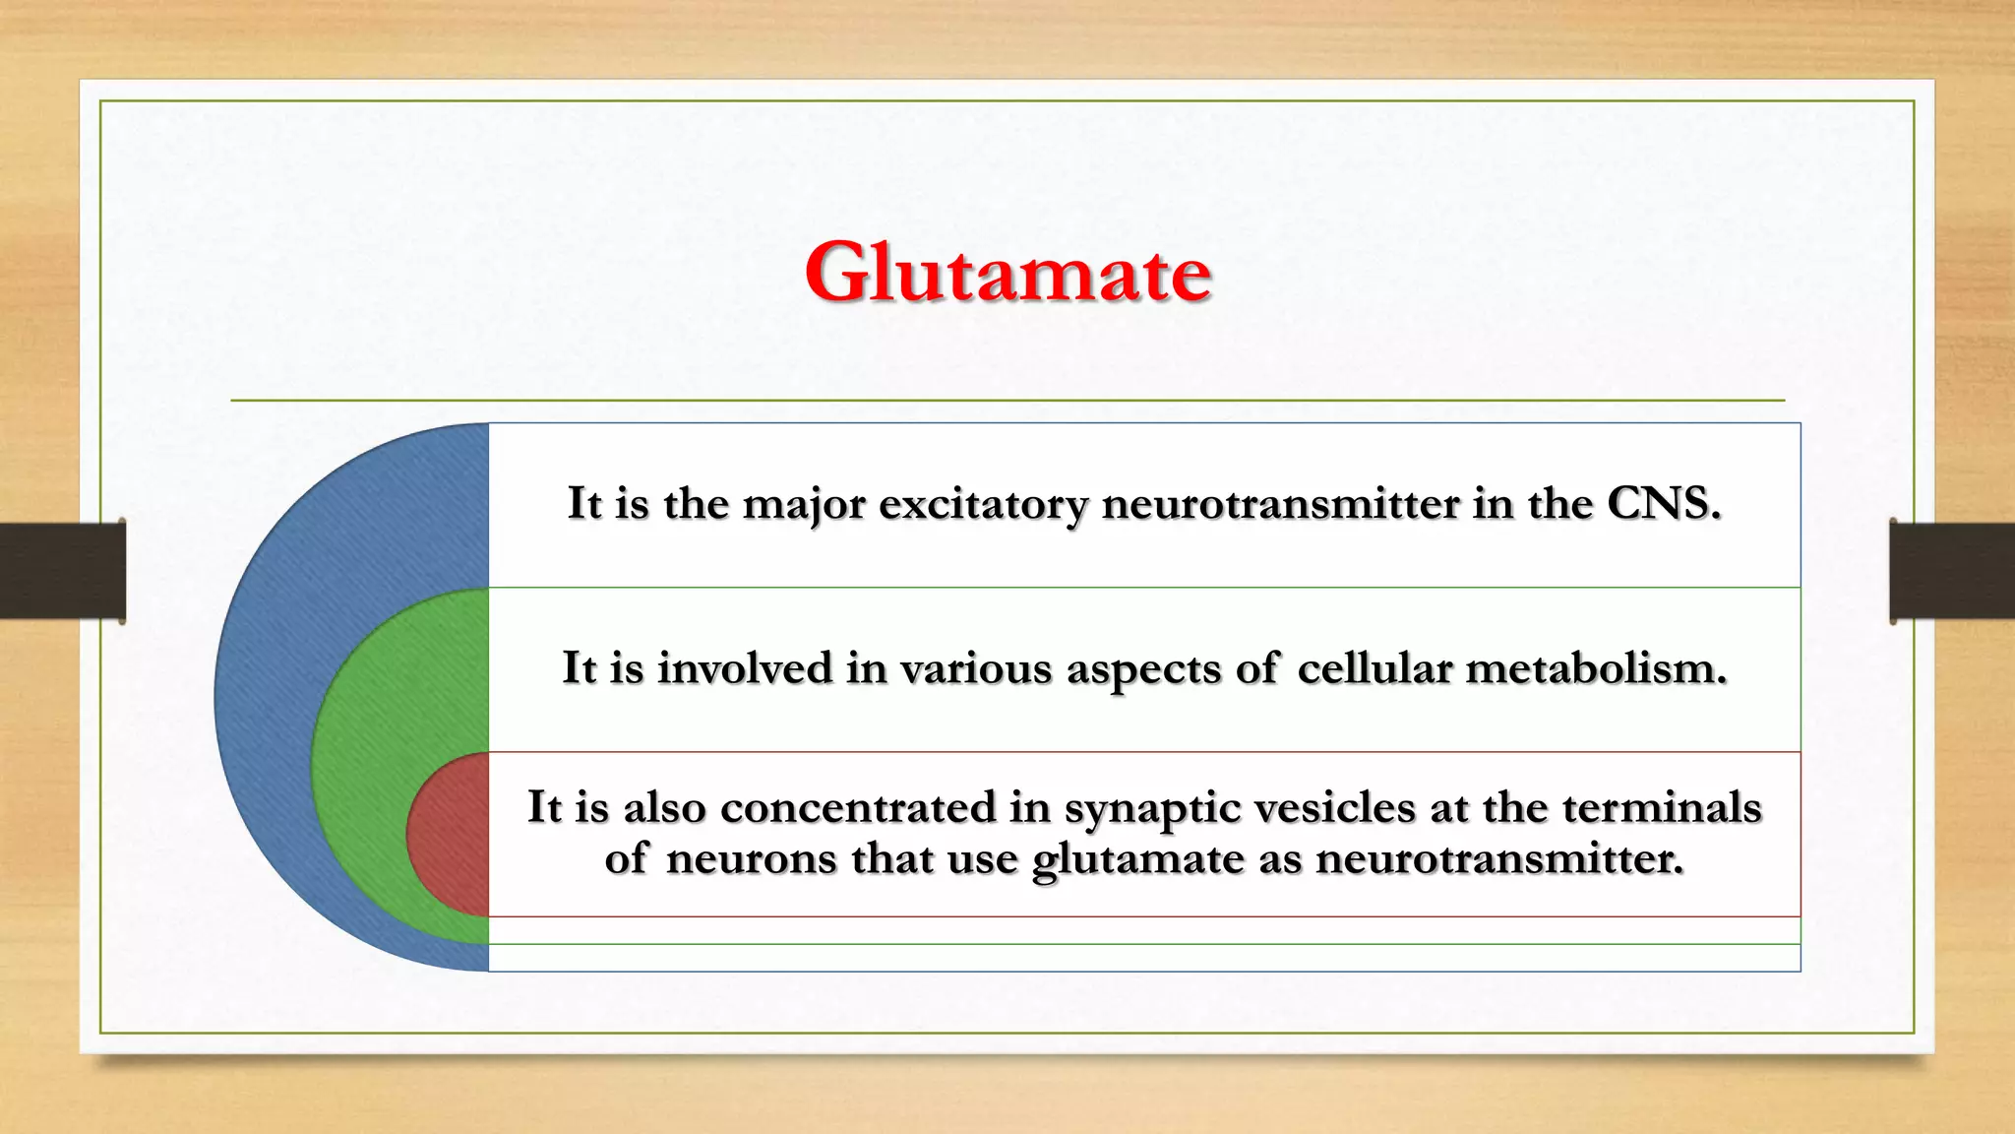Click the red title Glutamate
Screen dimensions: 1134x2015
point(1007,273)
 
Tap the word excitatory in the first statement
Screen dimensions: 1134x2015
point(983,504)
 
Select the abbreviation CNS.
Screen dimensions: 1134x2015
point(1663,503)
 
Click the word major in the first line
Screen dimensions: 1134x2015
point(804,504)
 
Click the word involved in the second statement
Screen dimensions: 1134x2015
point(745,668)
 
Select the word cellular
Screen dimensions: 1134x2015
point(1374,668)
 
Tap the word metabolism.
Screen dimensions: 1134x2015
point(1595,668)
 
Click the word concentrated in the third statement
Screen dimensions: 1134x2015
point(858,807)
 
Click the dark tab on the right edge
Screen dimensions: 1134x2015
point(1952,571)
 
